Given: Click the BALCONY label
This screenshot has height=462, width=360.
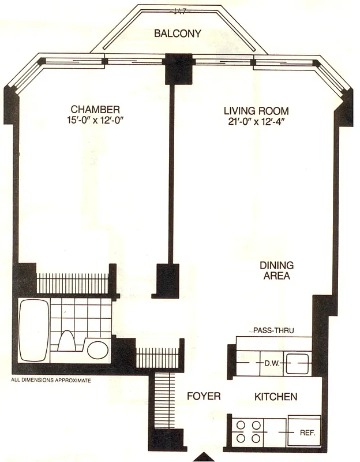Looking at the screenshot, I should click(x=177, y=33).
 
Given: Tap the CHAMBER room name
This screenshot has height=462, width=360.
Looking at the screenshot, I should click(x=95, y=109).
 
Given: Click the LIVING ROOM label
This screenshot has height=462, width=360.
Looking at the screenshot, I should click(x=256, y=110).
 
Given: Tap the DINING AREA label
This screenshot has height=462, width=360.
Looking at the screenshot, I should click(x=276, y=271).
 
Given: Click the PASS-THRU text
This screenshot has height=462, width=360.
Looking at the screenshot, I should click(x=273, y=331).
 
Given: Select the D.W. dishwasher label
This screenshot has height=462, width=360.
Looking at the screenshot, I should click(x=272, y=364).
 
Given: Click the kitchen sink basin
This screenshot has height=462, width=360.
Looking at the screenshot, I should click(x=298, y=364).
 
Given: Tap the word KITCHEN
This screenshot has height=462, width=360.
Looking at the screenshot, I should click(x=276, y=397).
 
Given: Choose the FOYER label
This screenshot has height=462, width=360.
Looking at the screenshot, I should click(x=204, y=397).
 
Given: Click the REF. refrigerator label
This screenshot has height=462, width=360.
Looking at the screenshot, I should click(x=306, y=432).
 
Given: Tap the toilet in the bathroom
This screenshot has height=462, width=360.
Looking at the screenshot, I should click(x=67, y=341).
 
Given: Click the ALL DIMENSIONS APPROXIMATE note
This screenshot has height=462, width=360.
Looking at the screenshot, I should click(x=51, y=381).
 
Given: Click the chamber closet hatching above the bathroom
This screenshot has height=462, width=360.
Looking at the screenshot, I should click(x=73, y=283).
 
